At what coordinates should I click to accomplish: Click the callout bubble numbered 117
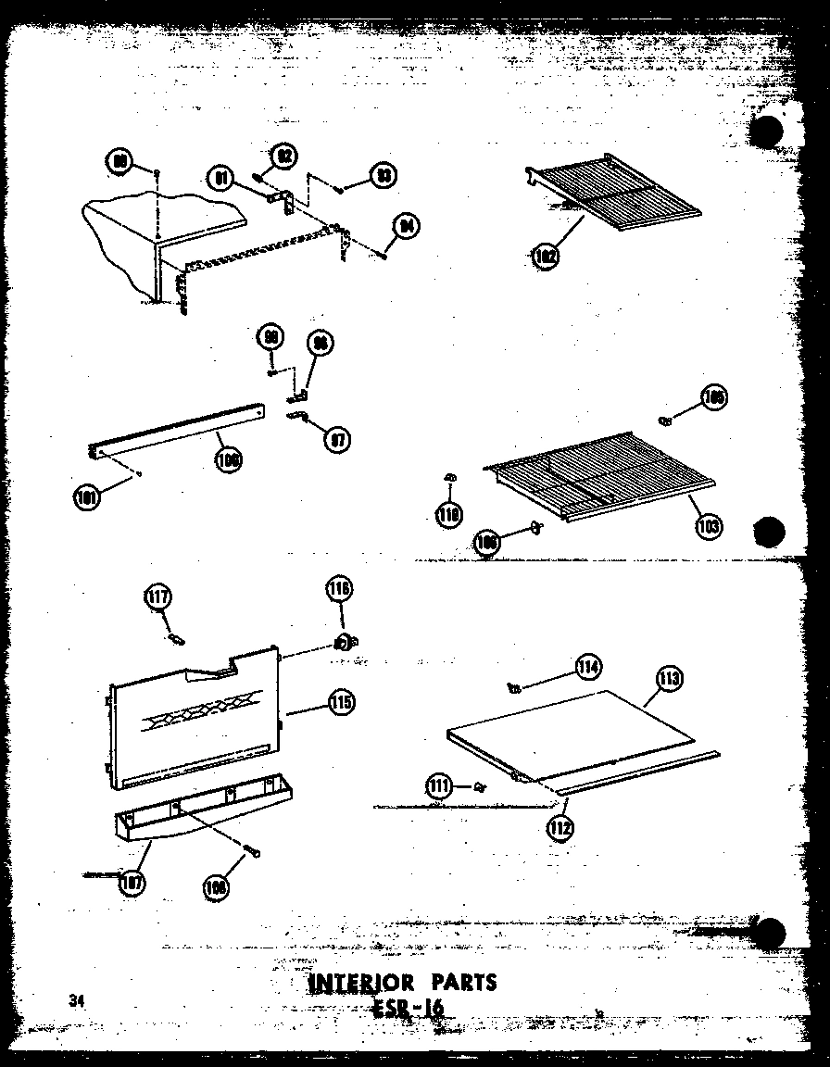coord(157,598)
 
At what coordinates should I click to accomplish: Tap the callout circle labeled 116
coord(339,589)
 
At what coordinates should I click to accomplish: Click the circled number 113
coord(668,680)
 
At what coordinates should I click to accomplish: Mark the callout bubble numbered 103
coord(709,526)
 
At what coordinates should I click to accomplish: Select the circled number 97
coord(338,439)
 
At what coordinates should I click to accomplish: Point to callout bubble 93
coord(381,175)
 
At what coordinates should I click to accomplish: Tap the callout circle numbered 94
coord(404,226)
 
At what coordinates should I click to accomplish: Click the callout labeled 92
coord(284,156)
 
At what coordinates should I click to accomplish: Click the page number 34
coord(75,999)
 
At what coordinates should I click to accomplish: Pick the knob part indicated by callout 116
coord(346,642)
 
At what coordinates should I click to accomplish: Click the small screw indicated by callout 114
coord(514,686)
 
